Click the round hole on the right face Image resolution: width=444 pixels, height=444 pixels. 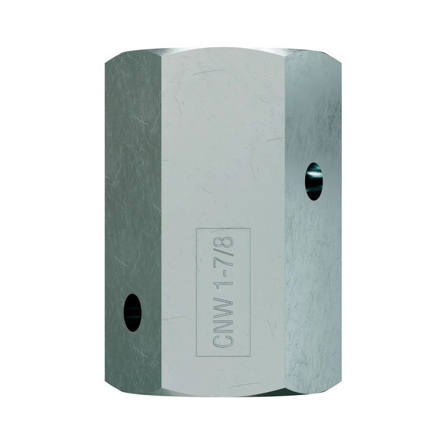pyautogui.click(x=313, y=181)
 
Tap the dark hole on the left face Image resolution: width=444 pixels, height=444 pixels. pyautogui.click(x=132, y=312)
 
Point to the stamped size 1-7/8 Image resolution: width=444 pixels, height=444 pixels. pyautogui.click(x=224, y=265)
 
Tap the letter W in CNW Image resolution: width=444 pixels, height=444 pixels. pyautogui.click(x=224, y=312)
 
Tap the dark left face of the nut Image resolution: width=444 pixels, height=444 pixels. pyautogui.click(x=133, y=194)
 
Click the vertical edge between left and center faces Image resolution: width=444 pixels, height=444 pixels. pyautogui.click(x=161, y=222)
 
